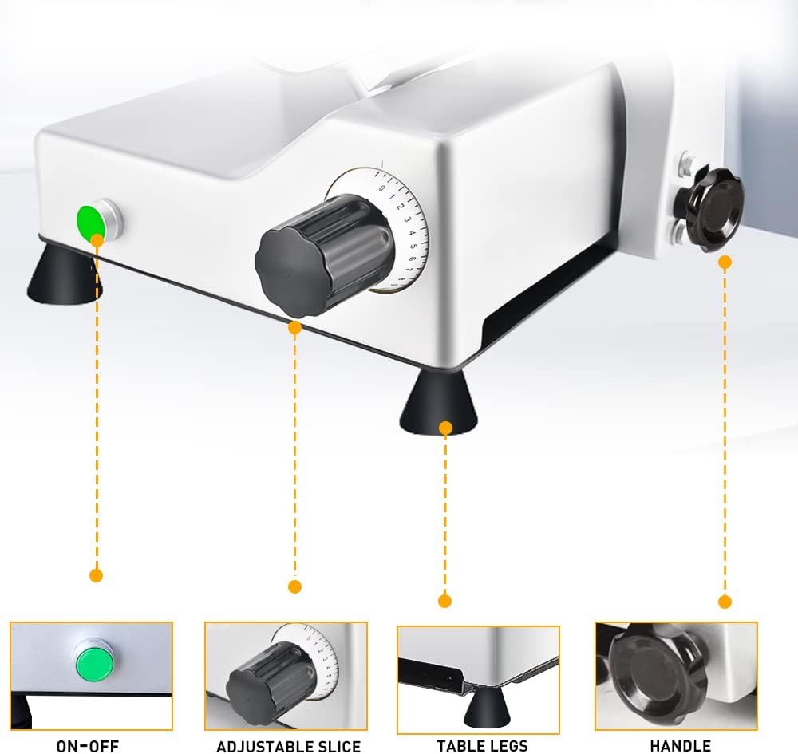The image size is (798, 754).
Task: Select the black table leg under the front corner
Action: [x=439, y=402]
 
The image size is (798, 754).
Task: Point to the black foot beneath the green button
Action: [x=64, y=274]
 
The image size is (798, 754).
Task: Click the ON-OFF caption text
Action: [x=88, y=746]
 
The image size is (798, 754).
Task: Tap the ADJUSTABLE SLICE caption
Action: [x=289, y=746]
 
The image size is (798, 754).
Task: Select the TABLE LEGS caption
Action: [x=482, y=746]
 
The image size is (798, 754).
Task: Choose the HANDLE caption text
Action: [x=681, y=746]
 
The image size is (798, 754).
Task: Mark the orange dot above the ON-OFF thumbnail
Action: [x=96, y=575]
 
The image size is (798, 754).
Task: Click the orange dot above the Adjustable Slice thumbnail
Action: [x=294, y=586]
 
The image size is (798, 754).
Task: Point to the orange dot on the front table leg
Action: [x=446, y=428]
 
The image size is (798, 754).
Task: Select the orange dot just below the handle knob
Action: [x=725, y=262]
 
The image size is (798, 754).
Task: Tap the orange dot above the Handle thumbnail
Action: [x=725, y=602]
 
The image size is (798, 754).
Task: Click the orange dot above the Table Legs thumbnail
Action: [x=444, y=601]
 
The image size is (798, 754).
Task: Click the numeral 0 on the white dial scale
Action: [x=382, y=188]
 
